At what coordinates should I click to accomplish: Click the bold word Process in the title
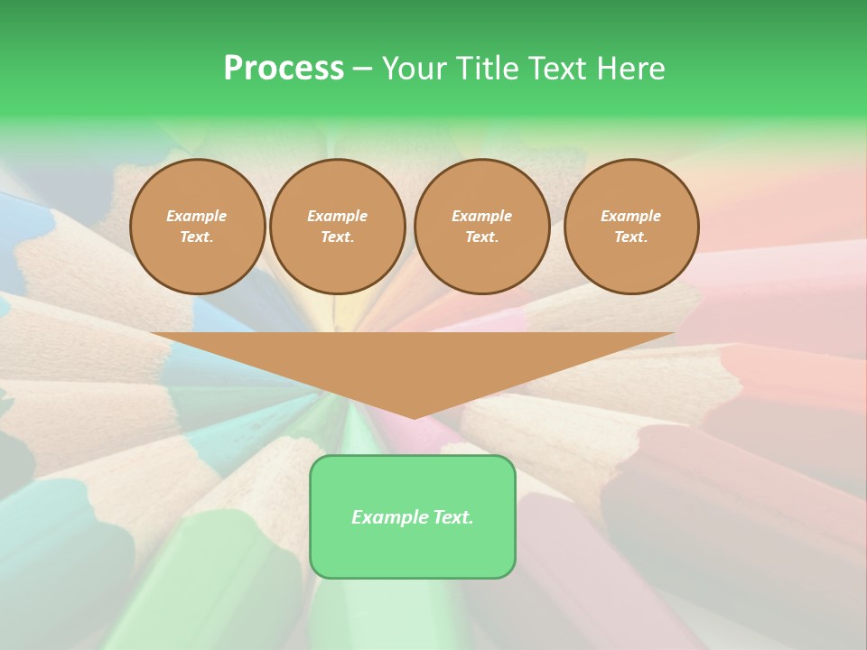click(x=284, y=69)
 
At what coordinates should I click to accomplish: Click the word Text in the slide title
click(x=555, y=69)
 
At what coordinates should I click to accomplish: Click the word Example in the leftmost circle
click(x=197, y=216)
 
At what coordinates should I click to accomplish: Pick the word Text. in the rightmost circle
click(x=630, y=237)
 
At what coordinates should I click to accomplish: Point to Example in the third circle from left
click(x=481, y=216)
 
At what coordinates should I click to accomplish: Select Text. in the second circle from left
click(x=337, y=237)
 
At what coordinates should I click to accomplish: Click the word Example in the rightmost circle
click(x=630, y=216)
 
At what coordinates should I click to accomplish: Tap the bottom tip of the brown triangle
click(x=413, y=415)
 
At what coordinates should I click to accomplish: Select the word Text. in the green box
click(x=452, y=517)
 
